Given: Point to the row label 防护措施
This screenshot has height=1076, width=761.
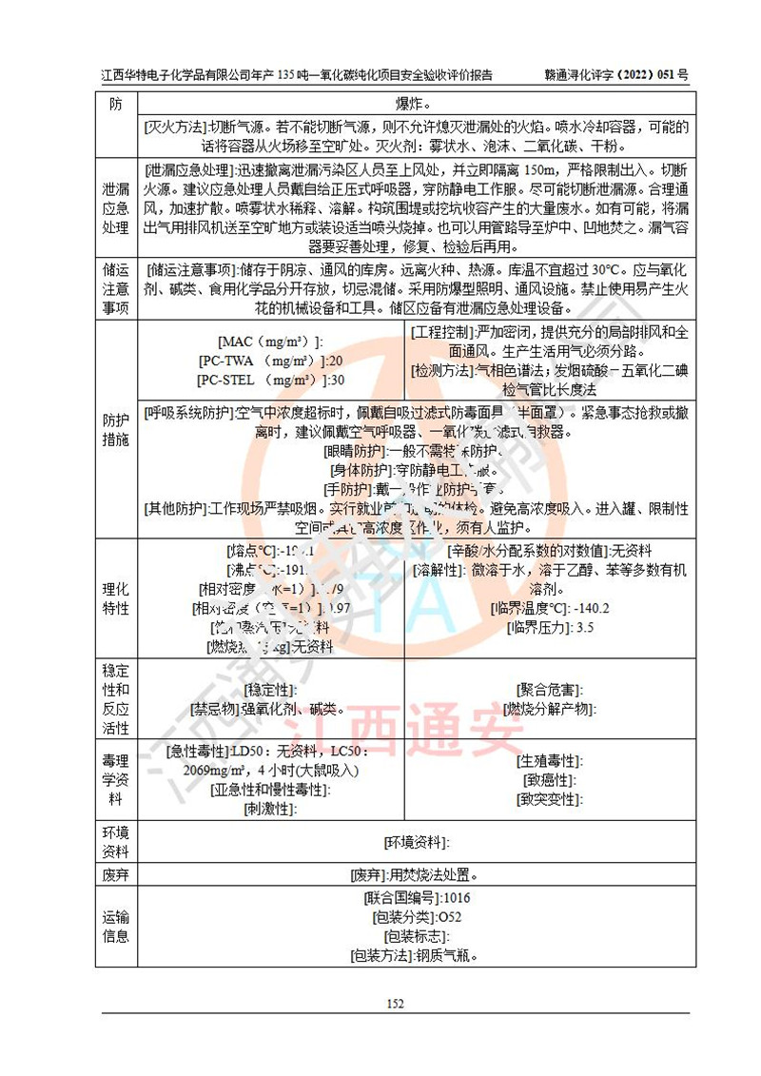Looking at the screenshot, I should [115, 429].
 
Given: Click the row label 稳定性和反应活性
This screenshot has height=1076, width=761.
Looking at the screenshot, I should [115, 698].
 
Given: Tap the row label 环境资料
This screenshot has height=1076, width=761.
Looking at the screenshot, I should [115, 841].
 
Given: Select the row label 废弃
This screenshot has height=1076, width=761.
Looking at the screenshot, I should [115, 874].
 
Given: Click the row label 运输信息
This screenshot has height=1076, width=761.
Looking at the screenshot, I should [115, 926].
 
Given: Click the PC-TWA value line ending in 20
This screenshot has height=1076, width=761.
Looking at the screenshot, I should [270, 361].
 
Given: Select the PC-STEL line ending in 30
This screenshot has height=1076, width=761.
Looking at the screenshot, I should [270, 380].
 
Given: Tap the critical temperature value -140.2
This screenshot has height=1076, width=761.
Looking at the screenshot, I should [588, 608].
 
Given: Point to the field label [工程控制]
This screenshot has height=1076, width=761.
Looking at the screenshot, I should [442, 332].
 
